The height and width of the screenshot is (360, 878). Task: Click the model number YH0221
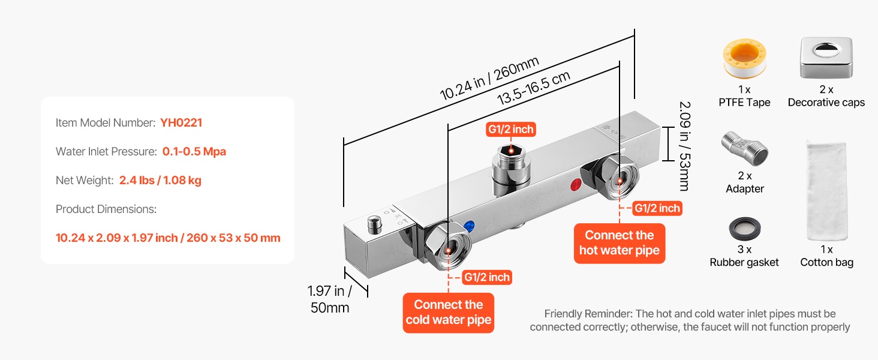181,123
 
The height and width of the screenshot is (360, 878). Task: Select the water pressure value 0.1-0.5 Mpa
194,152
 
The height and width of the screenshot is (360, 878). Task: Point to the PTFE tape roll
744,59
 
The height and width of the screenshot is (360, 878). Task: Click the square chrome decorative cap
826,58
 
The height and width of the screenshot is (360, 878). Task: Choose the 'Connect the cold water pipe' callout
449,313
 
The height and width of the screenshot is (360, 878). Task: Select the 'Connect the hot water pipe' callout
619,243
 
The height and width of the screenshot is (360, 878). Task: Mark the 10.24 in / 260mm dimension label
489,78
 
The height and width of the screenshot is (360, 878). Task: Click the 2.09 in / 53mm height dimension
684,145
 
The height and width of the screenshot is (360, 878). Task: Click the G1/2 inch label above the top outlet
510,129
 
